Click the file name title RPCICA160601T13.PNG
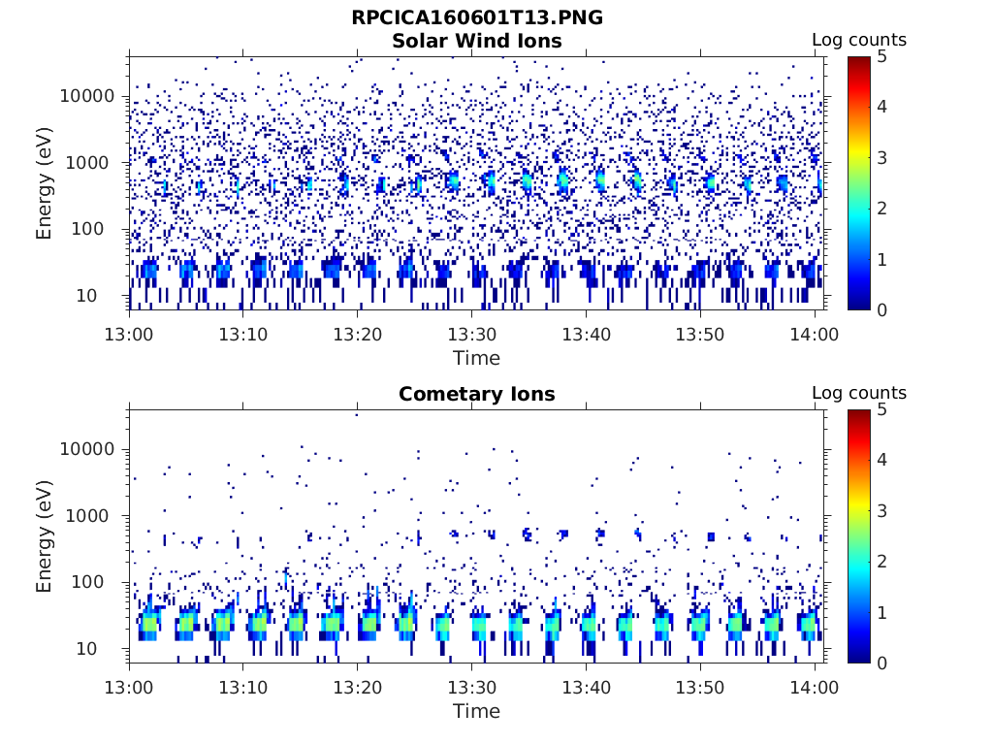[476, 18]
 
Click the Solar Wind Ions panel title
[476, 41]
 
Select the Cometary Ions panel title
[476, 394]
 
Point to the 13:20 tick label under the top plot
[358, 335]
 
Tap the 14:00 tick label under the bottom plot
[815, 688]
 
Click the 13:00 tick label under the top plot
[130, 335]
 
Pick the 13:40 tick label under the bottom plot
[586, 688]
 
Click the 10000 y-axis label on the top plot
[88, 96]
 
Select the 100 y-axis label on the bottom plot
[100, 582]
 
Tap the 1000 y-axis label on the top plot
[94, 162]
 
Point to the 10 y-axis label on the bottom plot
[106, 648]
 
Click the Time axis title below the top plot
[476, 358]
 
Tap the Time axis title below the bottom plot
[476, 711]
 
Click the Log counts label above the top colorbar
[858, 41]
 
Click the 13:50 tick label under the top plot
[700, 335]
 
